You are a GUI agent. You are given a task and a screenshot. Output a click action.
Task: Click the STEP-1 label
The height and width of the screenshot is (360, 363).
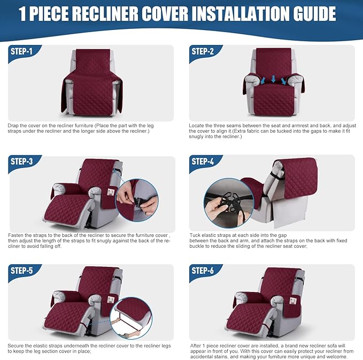[21, 51]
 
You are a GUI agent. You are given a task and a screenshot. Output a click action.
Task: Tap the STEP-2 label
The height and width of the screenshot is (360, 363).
[203, 51]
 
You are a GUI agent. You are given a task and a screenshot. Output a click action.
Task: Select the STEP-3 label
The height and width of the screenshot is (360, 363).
[22, 161]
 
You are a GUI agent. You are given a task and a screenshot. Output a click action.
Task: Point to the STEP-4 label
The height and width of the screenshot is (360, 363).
[203, 161]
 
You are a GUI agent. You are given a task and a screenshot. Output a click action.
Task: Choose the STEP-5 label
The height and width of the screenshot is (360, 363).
[22, 270]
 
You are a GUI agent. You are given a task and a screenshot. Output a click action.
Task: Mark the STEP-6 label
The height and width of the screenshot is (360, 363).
[203, 270]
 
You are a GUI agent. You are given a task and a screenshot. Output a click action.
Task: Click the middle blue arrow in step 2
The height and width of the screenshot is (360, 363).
[273, 80]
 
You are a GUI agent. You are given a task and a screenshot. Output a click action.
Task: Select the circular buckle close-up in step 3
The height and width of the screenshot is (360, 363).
[137, 200]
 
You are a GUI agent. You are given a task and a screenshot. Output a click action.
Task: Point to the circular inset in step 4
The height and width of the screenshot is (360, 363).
[228, 202]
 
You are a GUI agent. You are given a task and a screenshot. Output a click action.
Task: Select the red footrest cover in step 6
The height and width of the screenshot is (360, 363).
[248, 321]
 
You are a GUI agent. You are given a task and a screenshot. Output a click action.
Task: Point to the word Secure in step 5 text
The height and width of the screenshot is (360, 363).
[16, 345]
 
